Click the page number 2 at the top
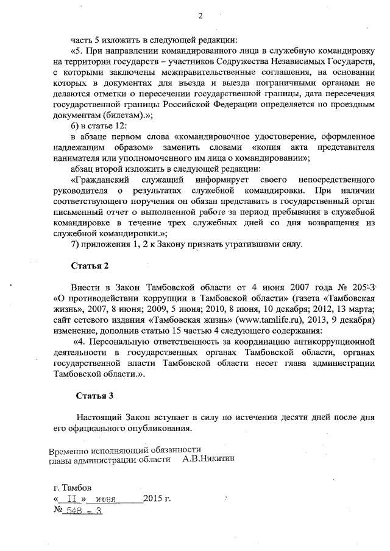click(199, 15)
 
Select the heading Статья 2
click(91, 266)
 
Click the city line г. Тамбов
click(73, 488)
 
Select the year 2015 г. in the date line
click(157, 499)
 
